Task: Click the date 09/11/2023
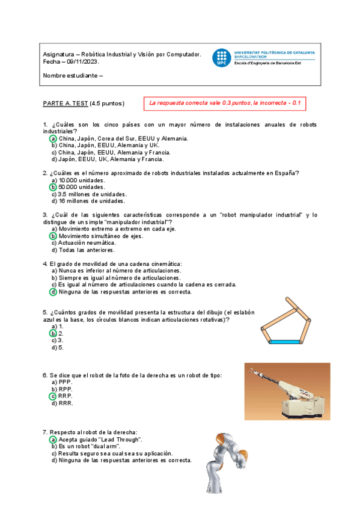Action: [x=82, y=62]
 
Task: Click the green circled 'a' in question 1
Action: [x=53, y=138]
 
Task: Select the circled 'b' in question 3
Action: [x=53, y=236]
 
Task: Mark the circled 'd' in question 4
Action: [x=53, y=292]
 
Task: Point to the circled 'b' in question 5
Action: [x=53, y=333]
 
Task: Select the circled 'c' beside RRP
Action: [x=53, y=396]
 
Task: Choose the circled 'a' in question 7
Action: [x=53, y=440]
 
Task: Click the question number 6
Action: [x=44, y=375]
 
